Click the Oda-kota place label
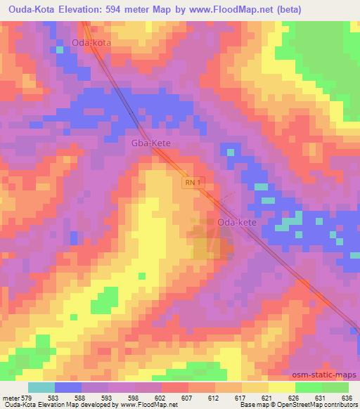coord(91,42)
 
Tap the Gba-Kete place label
coord(151,143)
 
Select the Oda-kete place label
coord(237,222)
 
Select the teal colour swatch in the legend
coord(41,388)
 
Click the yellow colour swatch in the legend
coord(282,388)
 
